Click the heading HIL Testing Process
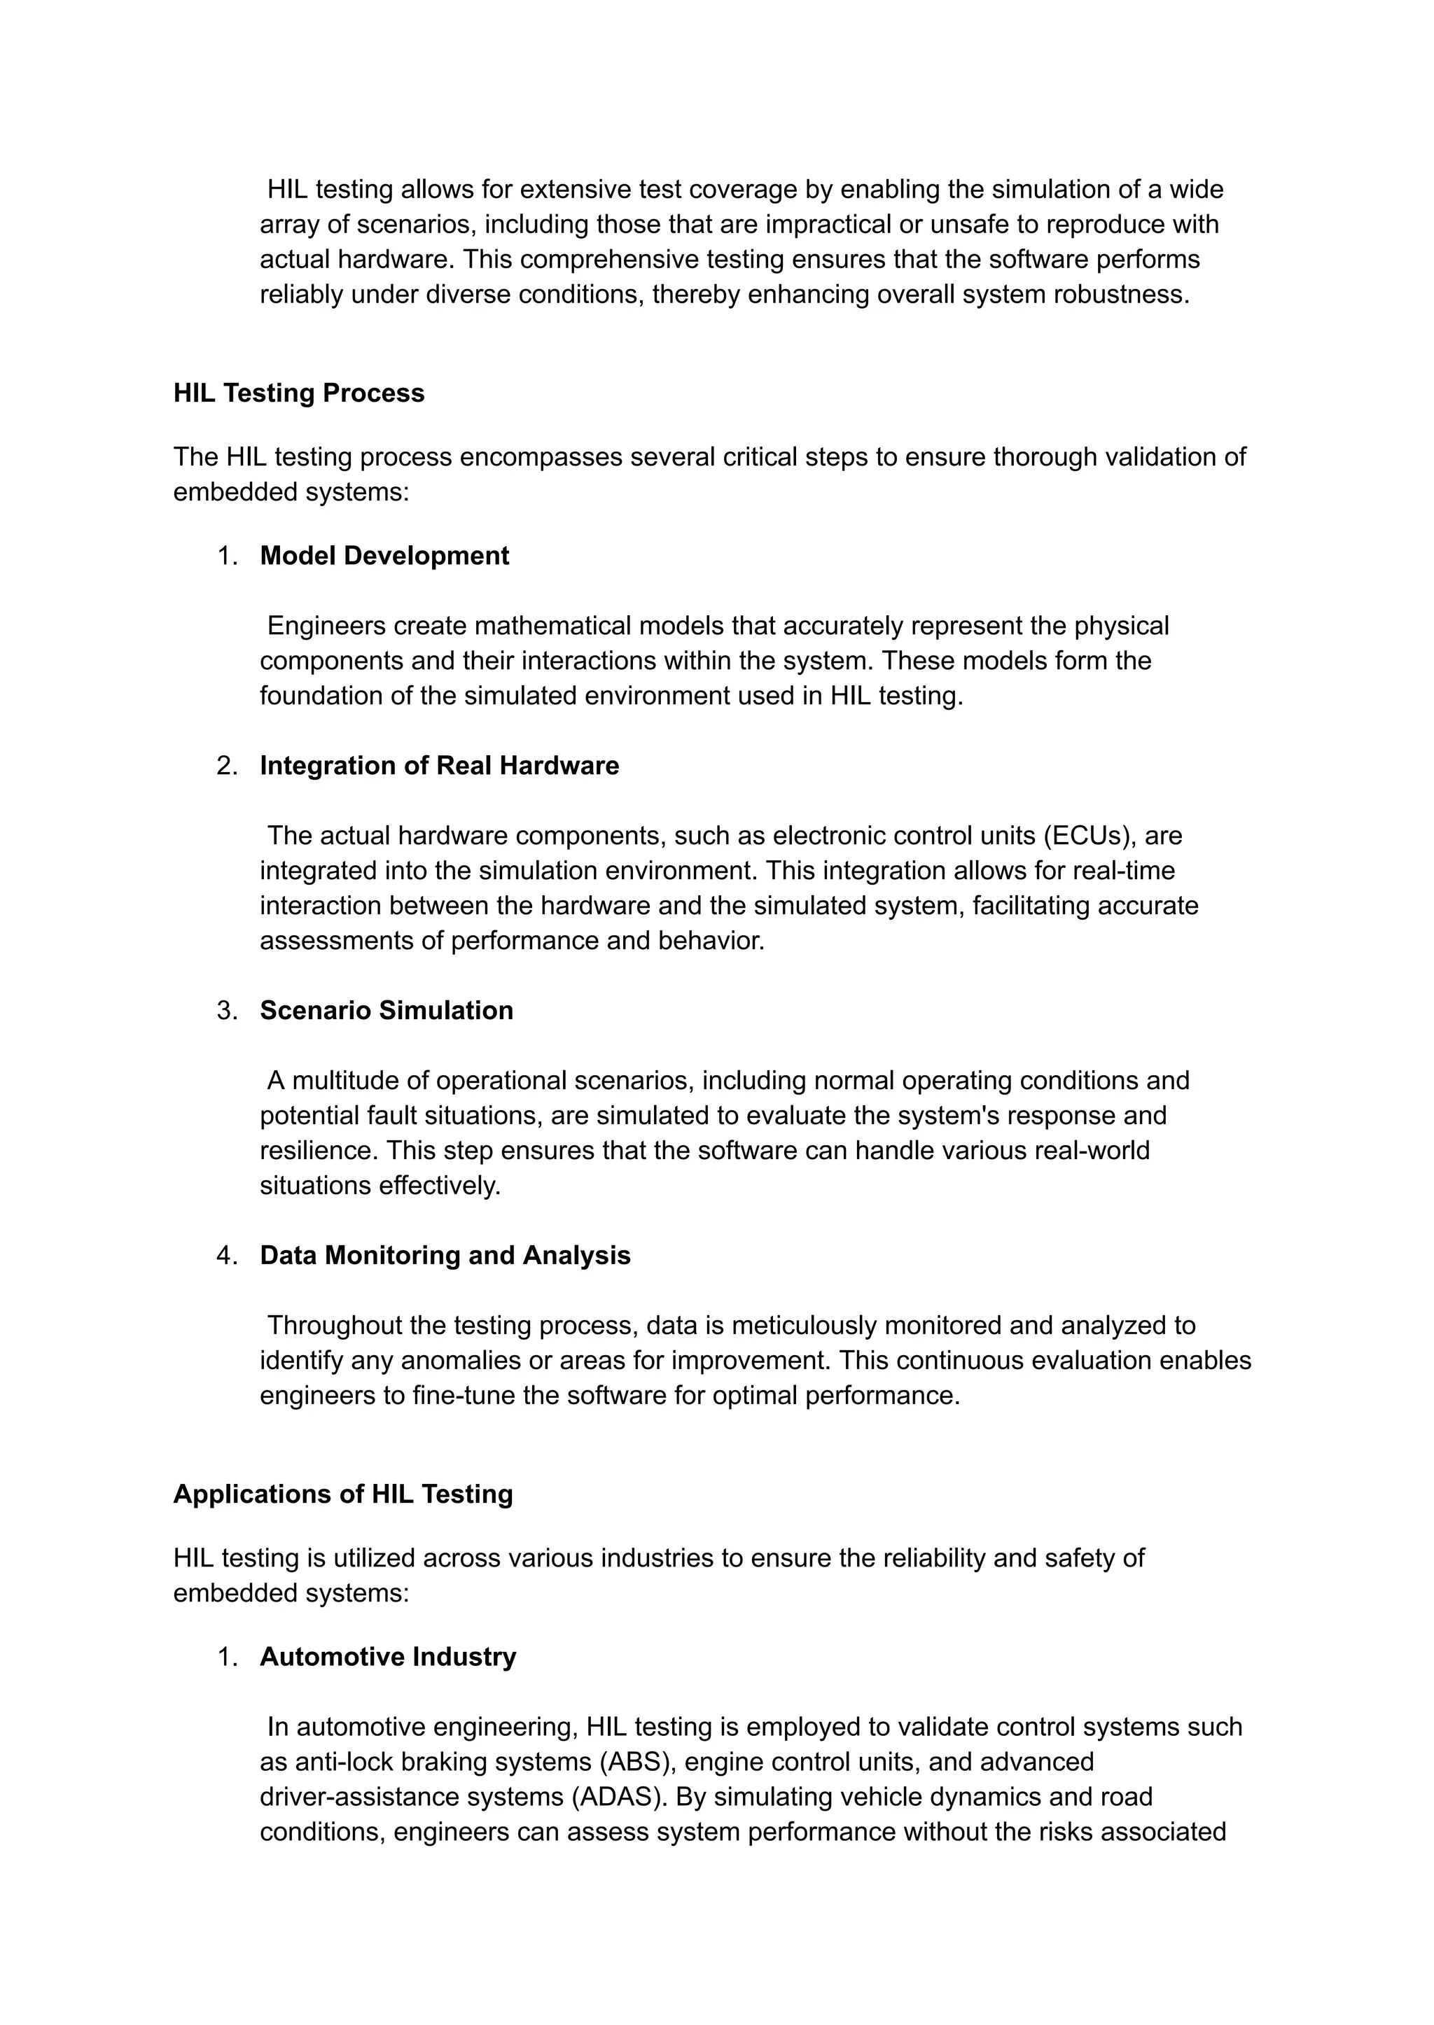coord(298,393)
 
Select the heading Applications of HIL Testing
coord(342,1494)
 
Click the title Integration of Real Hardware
coord(439,765)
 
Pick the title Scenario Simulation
coord(386,1010)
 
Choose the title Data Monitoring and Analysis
coord(445,1255)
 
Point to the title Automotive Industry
coord(388,1657)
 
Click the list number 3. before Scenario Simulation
coord(227,1011)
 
